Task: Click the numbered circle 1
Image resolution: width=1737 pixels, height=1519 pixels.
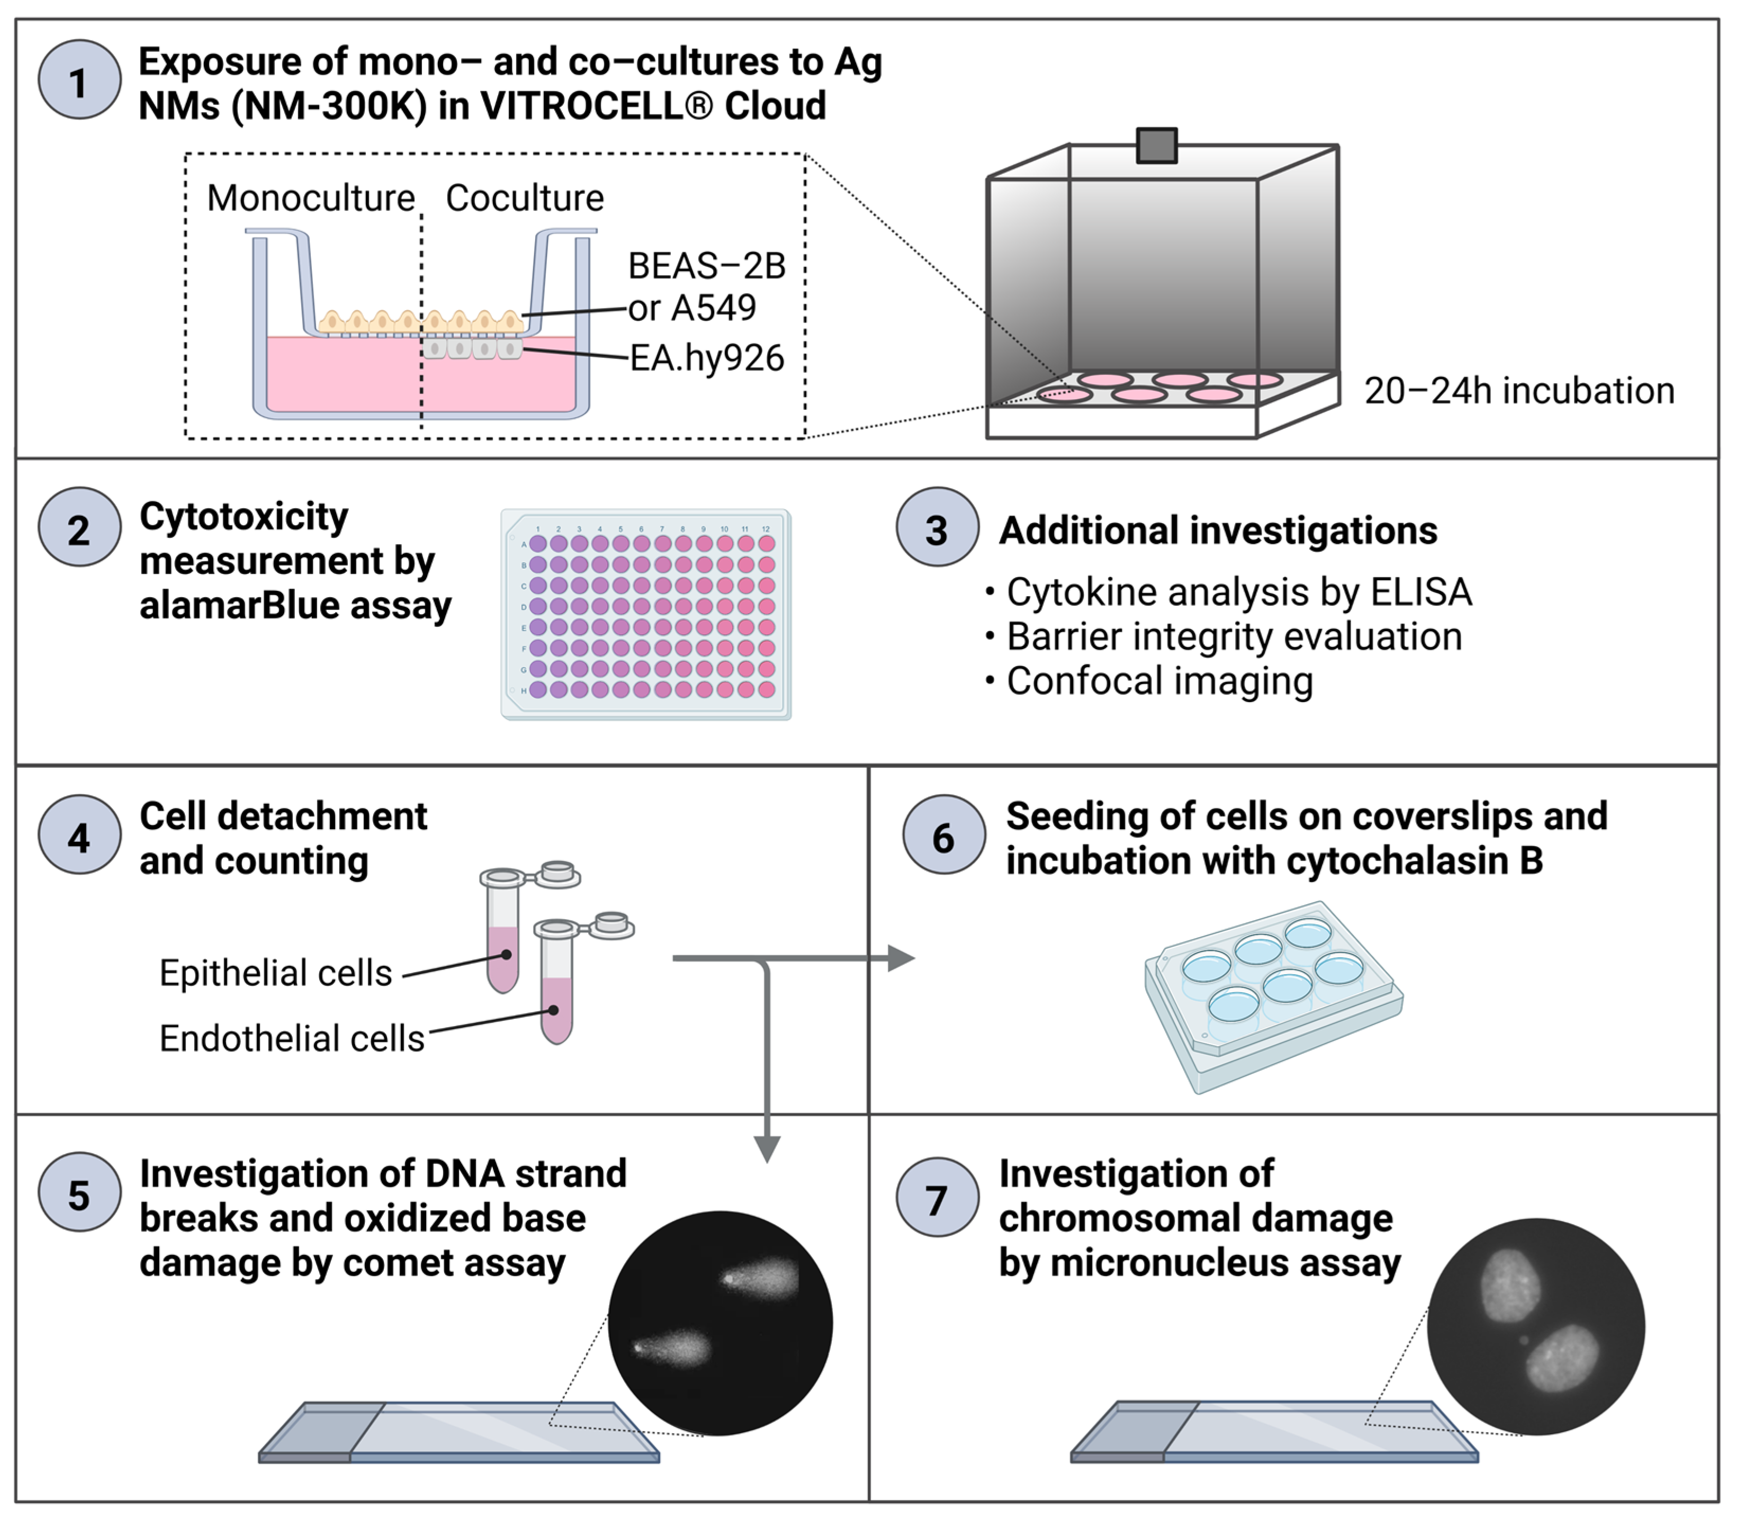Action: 79,82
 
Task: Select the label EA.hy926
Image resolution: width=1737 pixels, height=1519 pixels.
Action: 706,358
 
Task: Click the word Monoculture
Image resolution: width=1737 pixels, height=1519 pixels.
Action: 310,199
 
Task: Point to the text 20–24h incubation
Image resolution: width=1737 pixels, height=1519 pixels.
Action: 1518,391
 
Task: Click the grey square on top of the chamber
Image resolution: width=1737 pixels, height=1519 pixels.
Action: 1156,145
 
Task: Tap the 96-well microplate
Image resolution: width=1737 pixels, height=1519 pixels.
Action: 646,615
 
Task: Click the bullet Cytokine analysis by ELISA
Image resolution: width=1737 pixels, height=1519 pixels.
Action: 1238,592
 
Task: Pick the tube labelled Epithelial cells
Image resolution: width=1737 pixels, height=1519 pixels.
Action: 503,941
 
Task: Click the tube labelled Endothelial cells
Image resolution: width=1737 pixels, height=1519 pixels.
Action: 557,992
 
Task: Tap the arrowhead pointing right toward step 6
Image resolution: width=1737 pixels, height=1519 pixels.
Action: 901,959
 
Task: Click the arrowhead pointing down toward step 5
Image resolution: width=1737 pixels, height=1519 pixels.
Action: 767,1149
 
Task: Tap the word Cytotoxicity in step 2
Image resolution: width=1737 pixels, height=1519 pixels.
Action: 244,516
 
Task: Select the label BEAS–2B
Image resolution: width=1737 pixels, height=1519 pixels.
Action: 706,266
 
